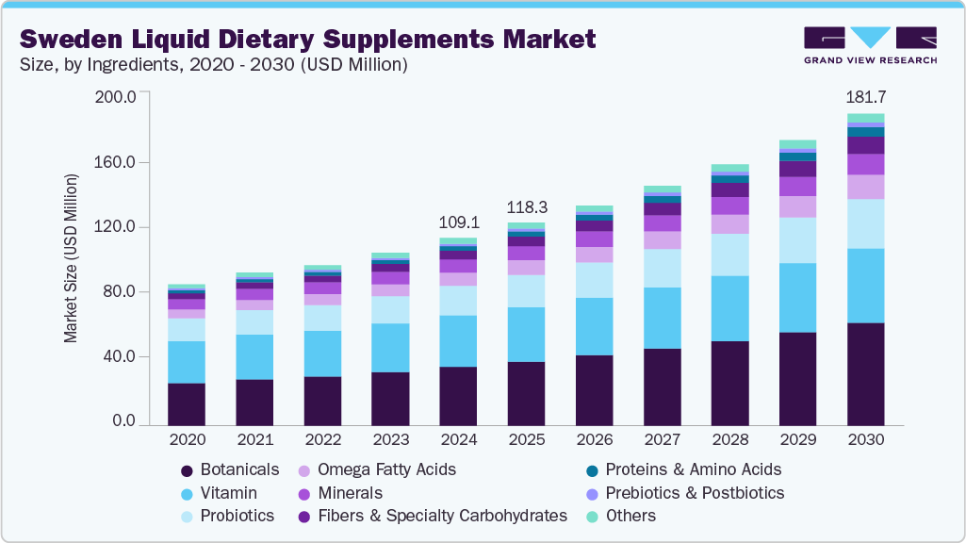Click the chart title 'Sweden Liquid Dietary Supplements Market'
point(307,39)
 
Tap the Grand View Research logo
point(870,45)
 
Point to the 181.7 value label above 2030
point(865,97)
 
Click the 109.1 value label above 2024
point(458,223)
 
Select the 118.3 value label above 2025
point(526,207)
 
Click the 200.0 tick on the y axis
point(117,96)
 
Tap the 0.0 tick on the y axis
point(124,422)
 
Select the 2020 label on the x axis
point(187,440)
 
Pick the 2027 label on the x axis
point(662,440)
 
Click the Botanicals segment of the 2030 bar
point(865,373)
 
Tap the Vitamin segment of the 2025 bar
point(526,334)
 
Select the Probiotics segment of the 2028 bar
point(729,255)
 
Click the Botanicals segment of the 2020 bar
point(187,403)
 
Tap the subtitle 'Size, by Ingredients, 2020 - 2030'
point(213,65)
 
